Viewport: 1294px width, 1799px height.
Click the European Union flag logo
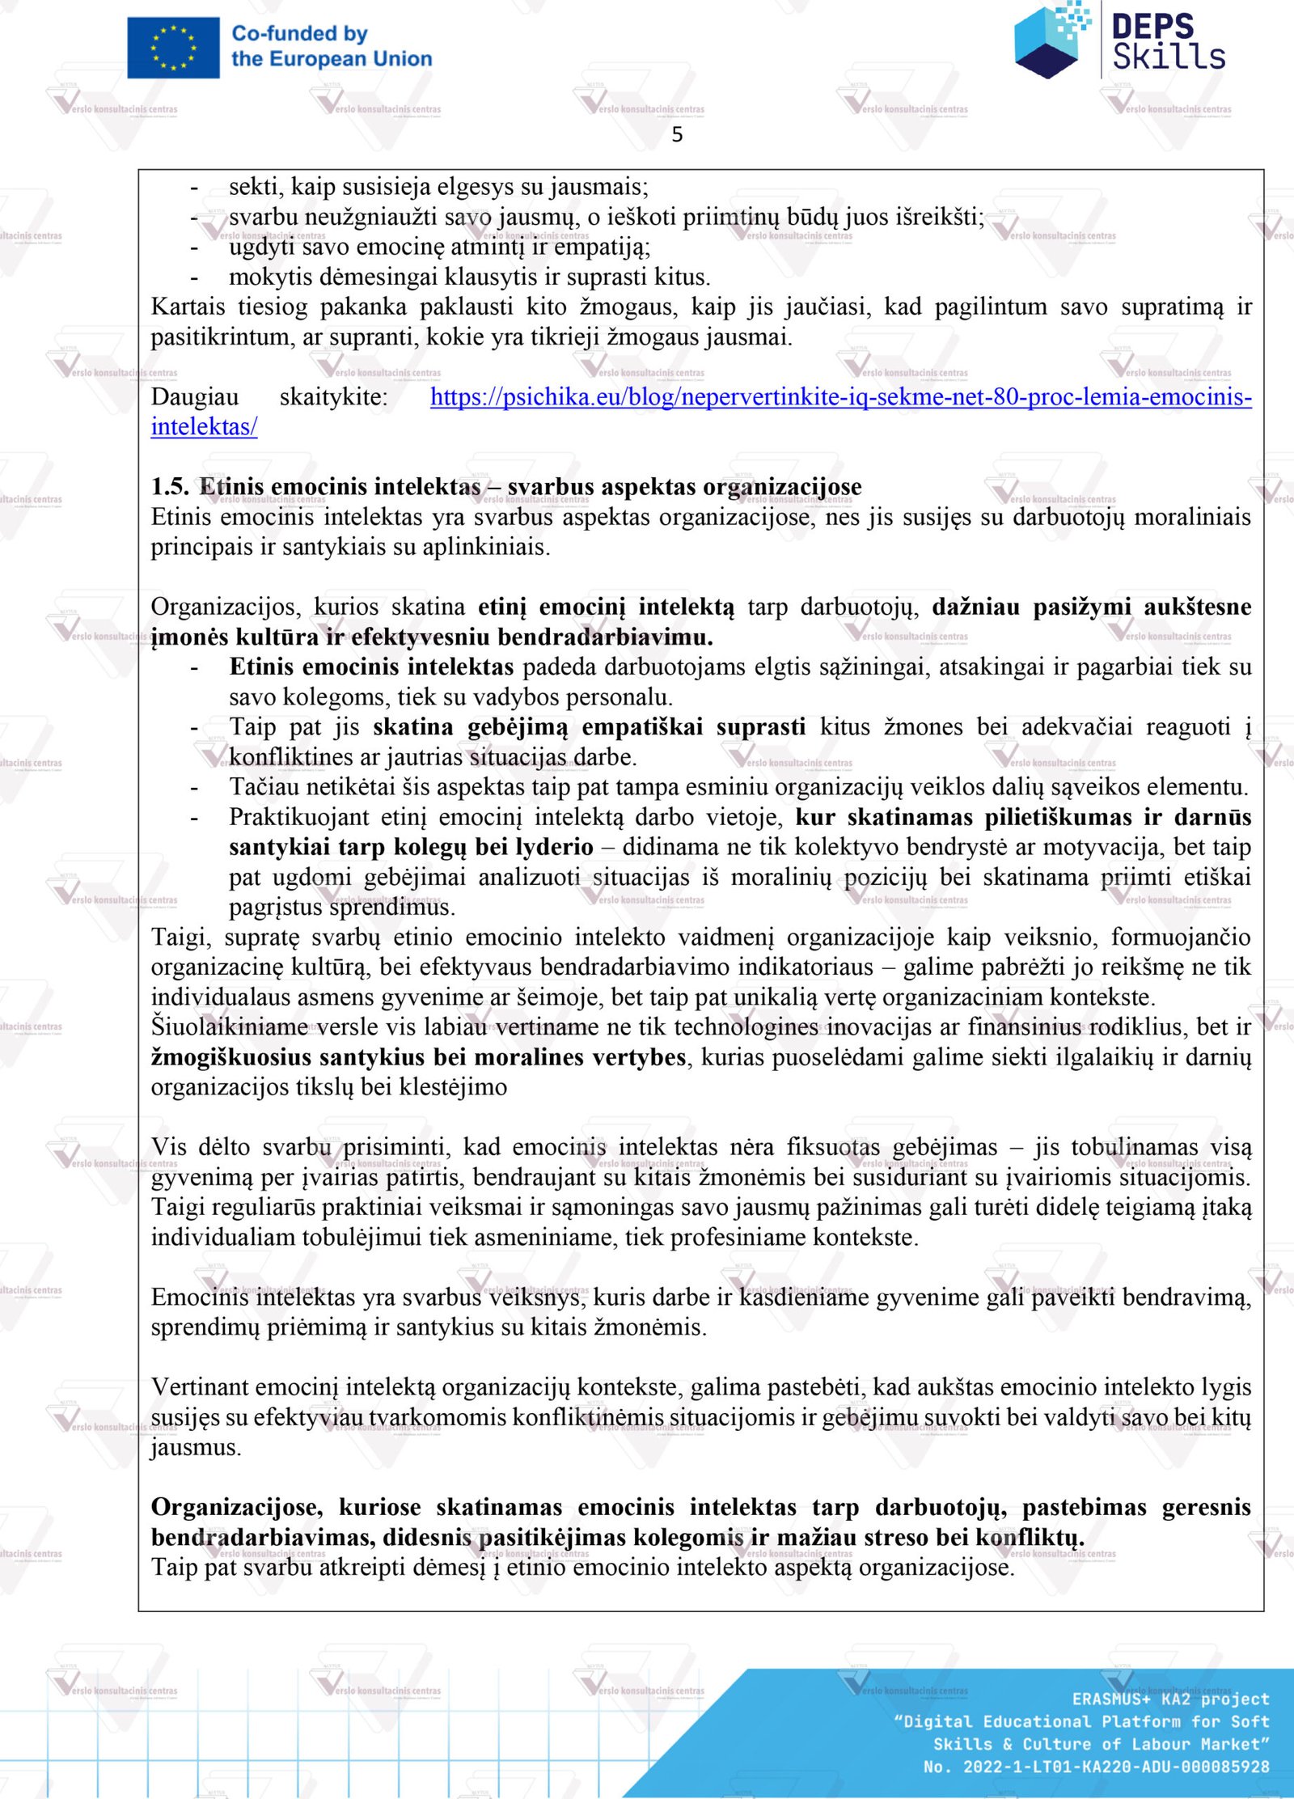click(173, 48)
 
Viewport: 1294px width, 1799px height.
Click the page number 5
click(677, 135)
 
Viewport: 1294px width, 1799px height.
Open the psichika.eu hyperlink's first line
click(840, 397)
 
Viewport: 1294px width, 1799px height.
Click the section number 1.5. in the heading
click(170, 487)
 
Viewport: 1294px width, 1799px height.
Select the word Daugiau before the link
click(195, 397)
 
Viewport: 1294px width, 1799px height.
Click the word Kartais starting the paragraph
click(188, 307)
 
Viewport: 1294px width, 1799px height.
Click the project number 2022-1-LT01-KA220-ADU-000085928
click(1116, 1767)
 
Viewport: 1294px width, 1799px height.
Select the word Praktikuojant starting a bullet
click(299, 818)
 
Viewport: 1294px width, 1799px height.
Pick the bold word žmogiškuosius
click(231, 1057)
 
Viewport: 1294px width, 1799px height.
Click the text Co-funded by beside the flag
click(300, 34)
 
